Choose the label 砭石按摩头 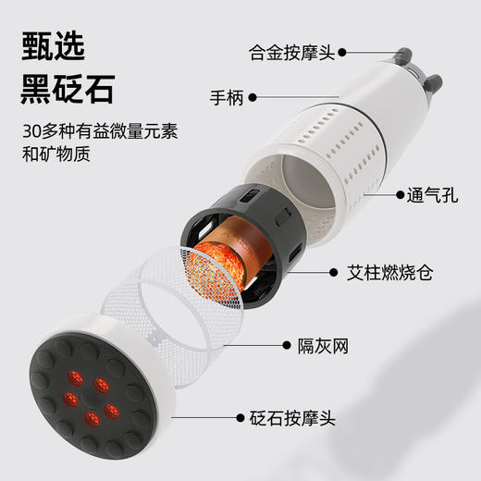coord(290,419)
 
